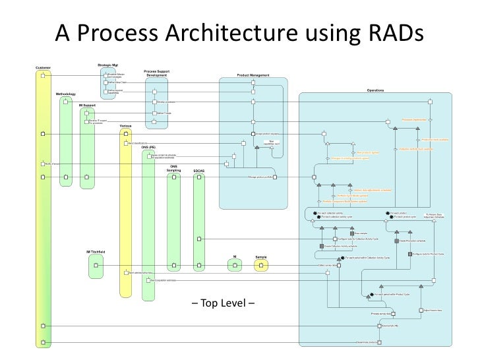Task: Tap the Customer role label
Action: pyautogui.click(x=42, y=67)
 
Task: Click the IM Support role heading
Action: pyautogui.click(x=88, y=105)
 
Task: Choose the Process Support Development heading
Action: pyautogui.click(x=157, y=73)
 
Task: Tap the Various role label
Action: pyautogui.click(x=127, y=125)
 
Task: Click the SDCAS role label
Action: pyautogui.click(x=199, y=171)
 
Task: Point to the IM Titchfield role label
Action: pyautogui.click(x=97, y=252)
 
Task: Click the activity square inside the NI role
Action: pyautogui.click(x=235, y=266)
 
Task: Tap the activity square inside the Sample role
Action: pyautogui.click(x=261, y=266)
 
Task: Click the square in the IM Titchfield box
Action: pyautogui.click(x=96, y=266)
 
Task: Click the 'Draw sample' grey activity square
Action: pyautogui.click(x=352, y=233)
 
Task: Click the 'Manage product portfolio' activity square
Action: pyautogui.click(x=277, y=177)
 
